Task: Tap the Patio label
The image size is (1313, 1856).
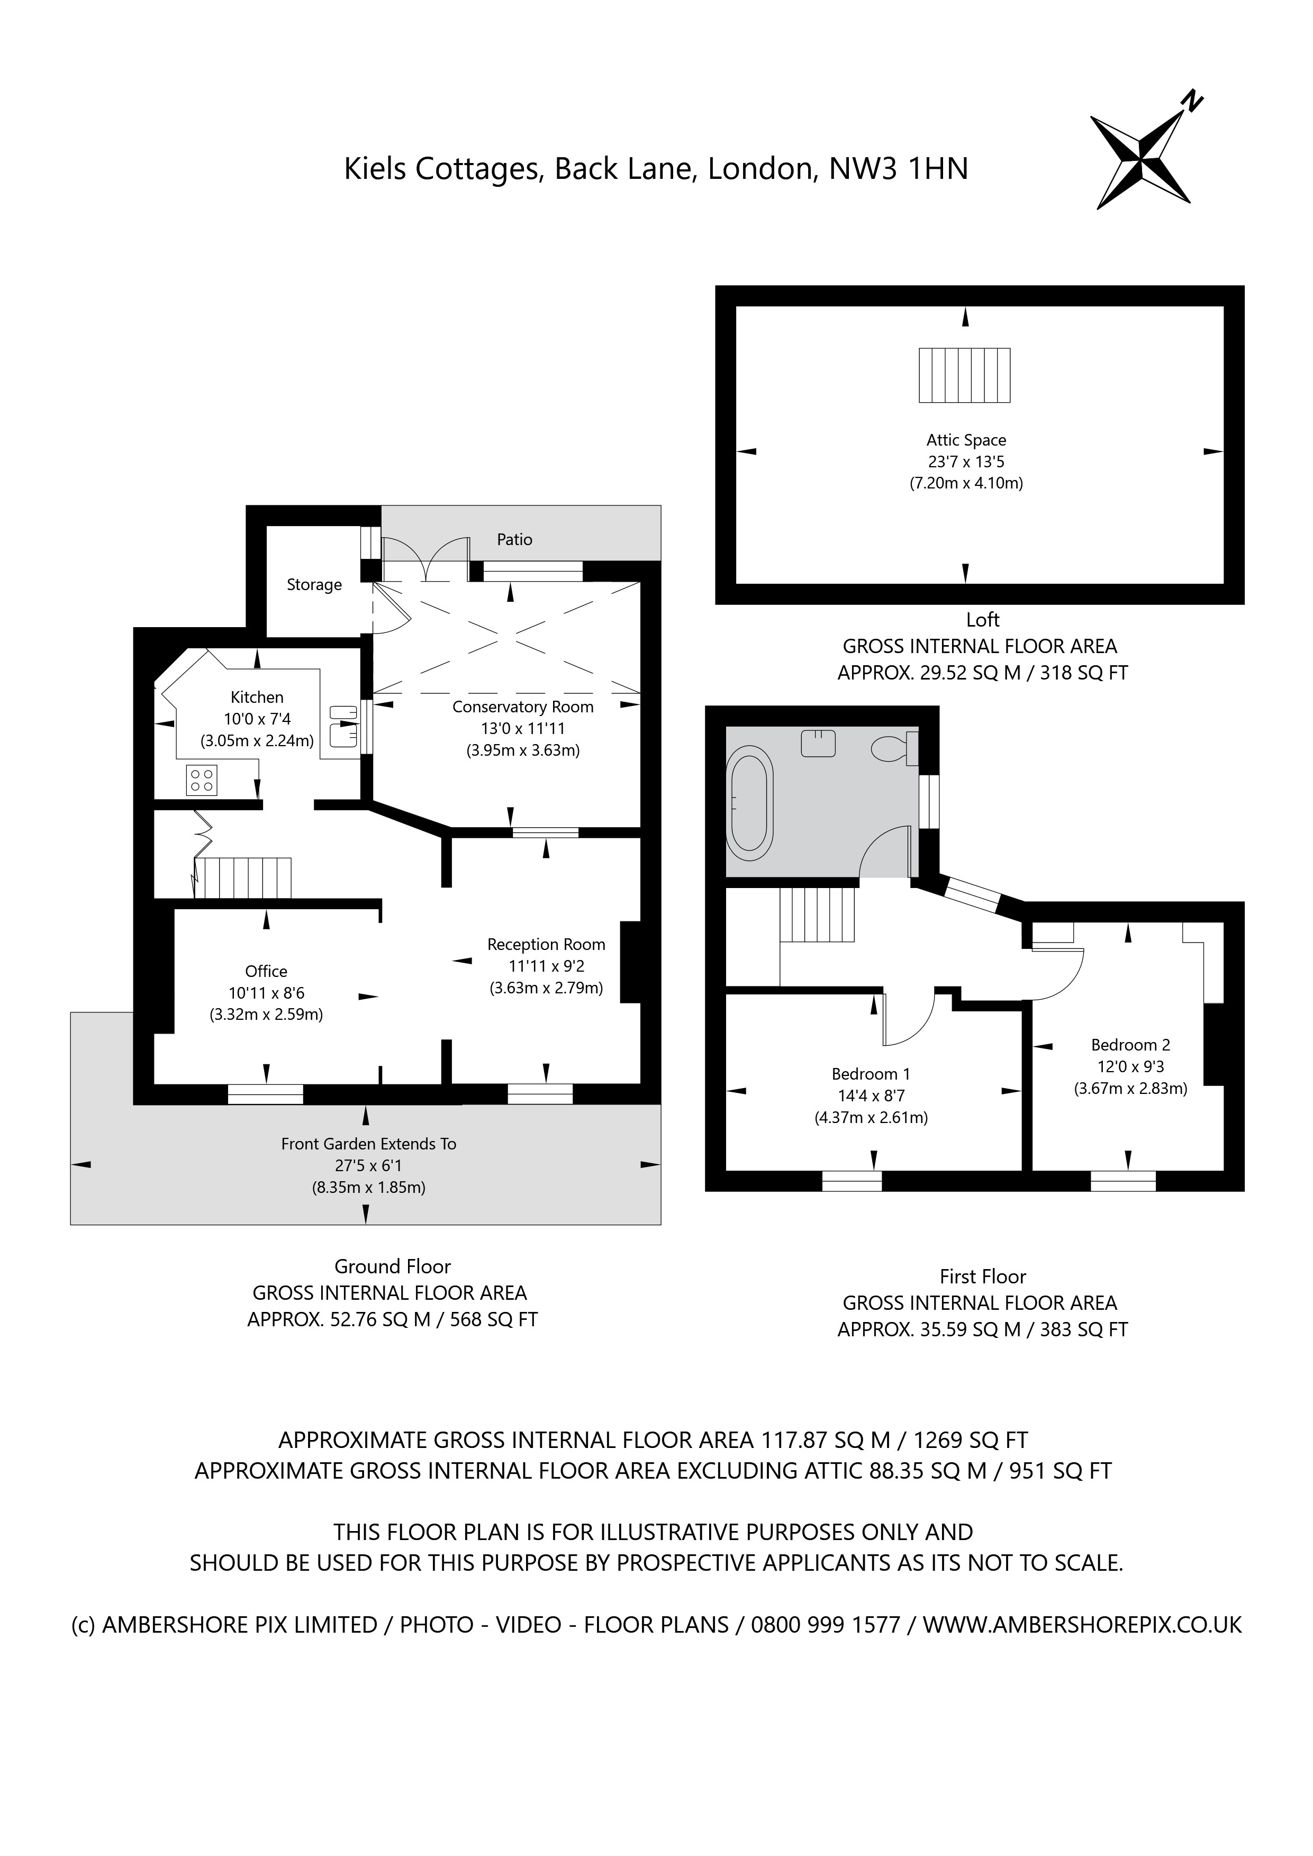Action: (x=514, y=539)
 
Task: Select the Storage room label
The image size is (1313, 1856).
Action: (x=314, y=584)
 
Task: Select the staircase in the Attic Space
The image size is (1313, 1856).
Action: (x=965, y=375)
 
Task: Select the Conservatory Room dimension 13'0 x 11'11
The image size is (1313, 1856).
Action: (x=523, y=728)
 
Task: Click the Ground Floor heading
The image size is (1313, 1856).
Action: (x=392, y=1266)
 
